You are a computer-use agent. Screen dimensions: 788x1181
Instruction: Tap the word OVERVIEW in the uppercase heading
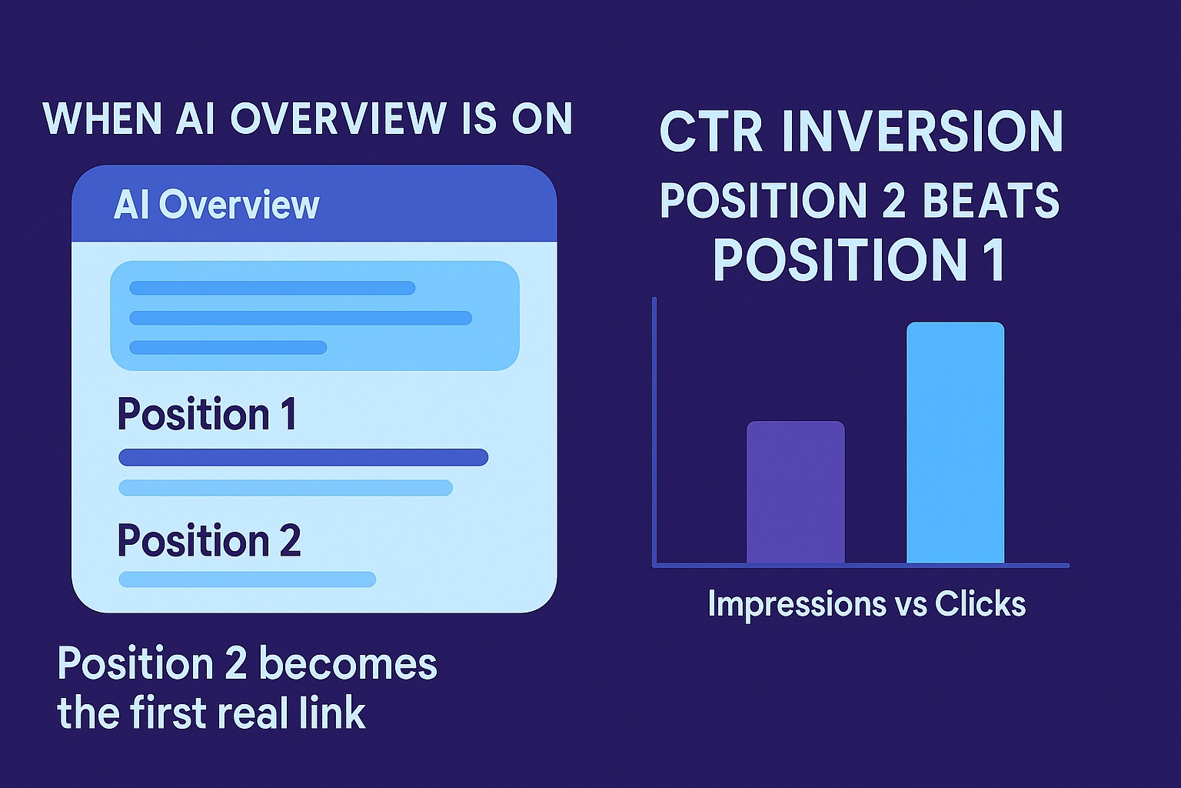[x=338, y=119]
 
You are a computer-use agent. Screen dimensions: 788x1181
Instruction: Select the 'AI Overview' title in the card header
[x=216, y=205]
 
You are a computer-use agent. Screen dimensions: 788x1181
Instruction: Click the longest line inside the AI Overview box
[x=300, y=318]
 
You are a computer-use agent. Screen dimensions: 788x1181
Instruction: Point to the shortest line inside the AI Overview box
[x=228, y=347]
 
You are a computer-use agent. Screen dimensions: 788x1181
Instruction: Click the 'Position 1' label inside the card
[x=207, y=414]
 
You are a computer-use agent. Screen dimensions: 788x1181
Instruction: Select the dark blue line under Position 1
[x=303, y=457]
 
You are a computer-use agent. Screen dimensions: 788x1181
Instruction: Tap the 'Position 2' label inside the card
[x=208, y=540]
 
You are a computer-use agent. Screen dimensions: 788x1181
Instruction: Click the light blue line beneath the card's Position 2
[x=247, y=579]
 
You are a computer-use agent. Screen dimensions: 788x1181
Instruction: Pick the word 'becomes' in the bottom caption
[x=348, y=663]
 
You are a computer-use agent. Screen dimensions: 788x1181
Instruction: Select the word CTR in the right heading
[x=710, y=132]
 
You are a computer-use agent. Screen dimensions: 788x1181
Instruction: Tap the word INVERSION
[x=923, y=132]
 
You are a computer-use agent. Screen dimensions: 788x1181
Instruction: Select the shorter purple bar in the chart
[x=795, y=492]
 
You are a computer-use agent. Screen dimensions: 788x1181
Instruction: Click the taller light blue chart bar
[x=955, y=442]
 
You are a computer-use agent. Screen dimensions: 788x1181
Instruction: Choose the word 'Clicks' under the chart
[x=980, y=604]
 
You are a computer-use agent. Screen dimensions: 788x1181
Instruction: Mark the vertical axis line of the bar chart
[x=654, y=431]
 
